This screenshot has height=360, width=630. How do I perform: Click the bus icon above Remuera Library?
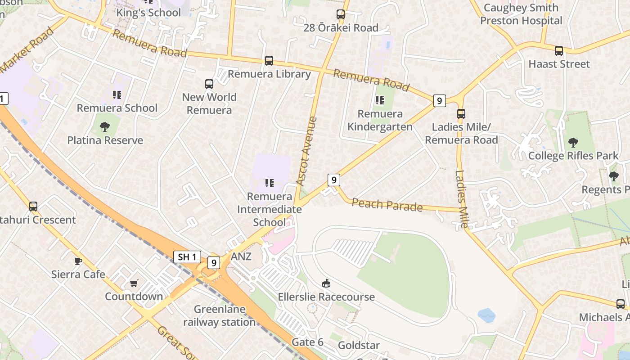pyautogui.click(x=269, y=60)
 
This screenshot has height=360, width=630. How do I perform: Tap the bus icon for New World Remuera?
pyautogui.click(x=209, y=84)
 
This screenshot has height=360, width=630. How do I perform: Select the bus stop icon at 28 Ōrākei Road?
pyautogui.click(x=341, y=14)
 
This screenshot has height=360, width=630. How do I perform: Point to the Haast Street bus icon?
pyautogui.click(x=559, y=51)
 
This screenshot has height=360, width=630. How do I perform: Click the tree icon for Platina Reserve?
pyautogui.click(x=105, y=127)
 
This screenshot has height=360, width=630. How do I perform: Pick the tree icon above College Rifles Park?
pyautogui.click(x=573, y=143)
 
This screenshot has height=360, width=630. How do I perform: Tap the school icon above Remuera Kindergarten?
pyautogui.click(x=380, y=100)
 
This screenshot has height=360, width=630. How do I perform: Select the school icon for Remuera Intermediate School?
pyautogui.click(x=270, y=183)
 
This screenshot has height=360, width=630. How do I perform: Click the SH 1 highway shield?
pyautogui.click(x=187, y=257)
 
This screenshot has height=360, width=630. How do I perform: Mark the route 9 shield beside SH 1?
pyautogui.click(x=213, y=262)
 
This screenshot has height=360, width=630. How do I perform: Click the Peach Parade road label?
pyautogui.click(x=387, y=205)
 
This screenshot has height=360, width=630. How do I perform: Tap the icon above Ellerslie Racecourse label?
pyautogui.click(x=326, y=283)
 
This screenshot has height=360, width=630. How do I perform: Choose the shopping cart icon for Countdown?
pyautogui.click(x=134, y=283)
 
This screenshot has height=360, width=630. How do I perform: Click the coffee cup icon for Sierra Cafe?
pyautogui.click(x=78, y=261)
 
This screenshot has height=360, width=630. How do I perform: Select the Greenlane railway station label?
pyautogui.click(x=220, y=316)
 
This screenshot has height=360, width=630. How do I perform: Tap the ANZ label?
pyautogui.click(x=241, y=256)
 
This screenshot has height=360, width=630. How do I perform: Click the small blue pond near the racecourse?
pyautogui.click(x=486, y=315)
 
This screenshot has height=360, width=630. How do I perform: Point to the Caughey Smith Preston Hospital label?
pyautogui.click(x=521, y=14)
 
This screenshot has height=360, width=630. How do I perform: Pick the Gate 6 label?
pyautogui.click(x=307, y=342)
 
